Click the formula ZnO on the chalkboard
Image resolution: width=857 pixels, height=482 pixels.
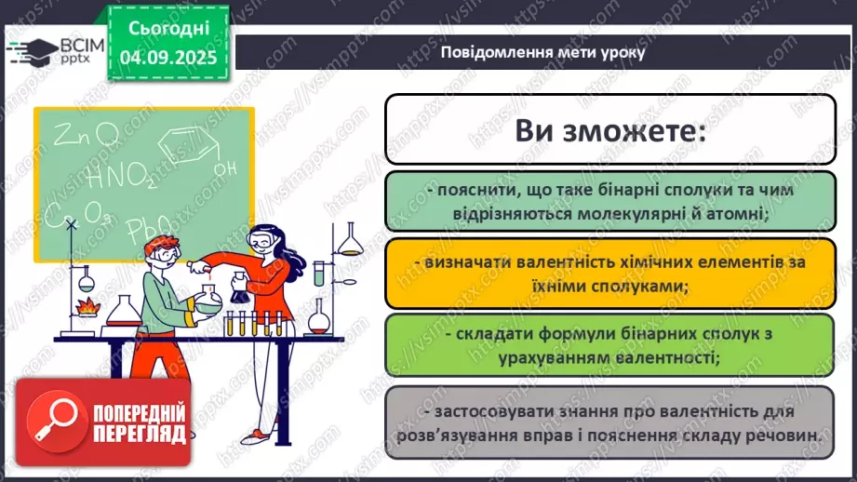[x=85, y=137]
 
